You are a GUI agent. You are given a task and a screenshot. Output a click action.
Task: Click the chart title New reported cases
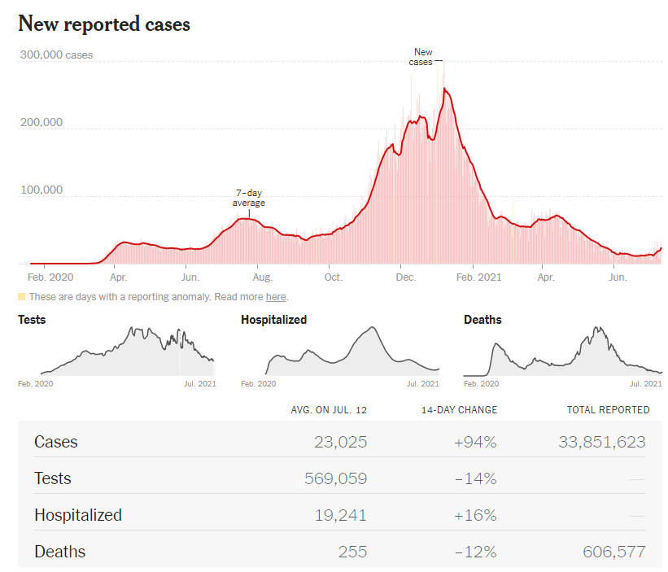tap(104, 24)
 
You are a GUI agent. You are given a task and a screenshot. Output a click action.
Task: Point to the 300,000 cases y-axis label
tap(55, 55)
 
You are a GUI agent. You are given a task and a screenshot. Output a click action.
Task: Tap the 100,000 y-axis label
tap(41, 190)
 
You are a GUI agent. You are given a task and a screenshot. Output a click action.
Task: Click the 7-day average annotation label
tap(249, 199)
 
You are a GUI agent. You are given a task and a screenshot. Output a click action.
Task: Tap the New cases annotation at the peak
tap(421, 57)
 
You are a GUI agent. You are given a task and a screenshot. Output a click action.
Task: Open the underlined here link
tap(276, 297)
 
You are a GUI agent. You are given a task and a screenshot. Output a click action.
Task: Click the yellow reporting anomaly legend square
tap(22, 297)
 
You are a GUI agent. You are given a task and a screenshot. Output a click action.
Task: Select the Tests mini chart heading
tap(32, 320)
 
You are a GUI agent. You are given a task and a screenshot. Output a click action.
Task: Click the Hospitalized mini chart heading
tap(273, 320)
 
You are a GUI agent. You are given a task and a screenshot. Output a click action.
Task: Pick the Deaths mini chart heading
tap(482, 320)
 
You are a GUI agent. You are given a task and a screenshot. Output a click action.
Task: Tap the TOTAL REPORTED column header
tap(608, 410)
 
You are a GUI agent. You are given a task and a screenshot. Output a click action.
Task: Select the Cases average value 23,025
tap(340, 442)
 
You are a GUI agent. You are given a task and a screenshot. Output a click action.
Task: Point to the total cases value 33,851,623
tap(601, 442)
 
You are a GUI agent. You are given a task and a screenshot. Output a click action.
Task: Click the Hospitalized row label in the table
tap(78, 515)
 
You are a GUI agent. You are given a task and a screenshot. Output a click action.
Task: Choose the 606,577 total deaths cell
tap(613, 552)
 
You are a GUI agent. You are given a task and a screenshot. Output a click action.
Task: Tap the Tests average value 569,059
tap(334, 478)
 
